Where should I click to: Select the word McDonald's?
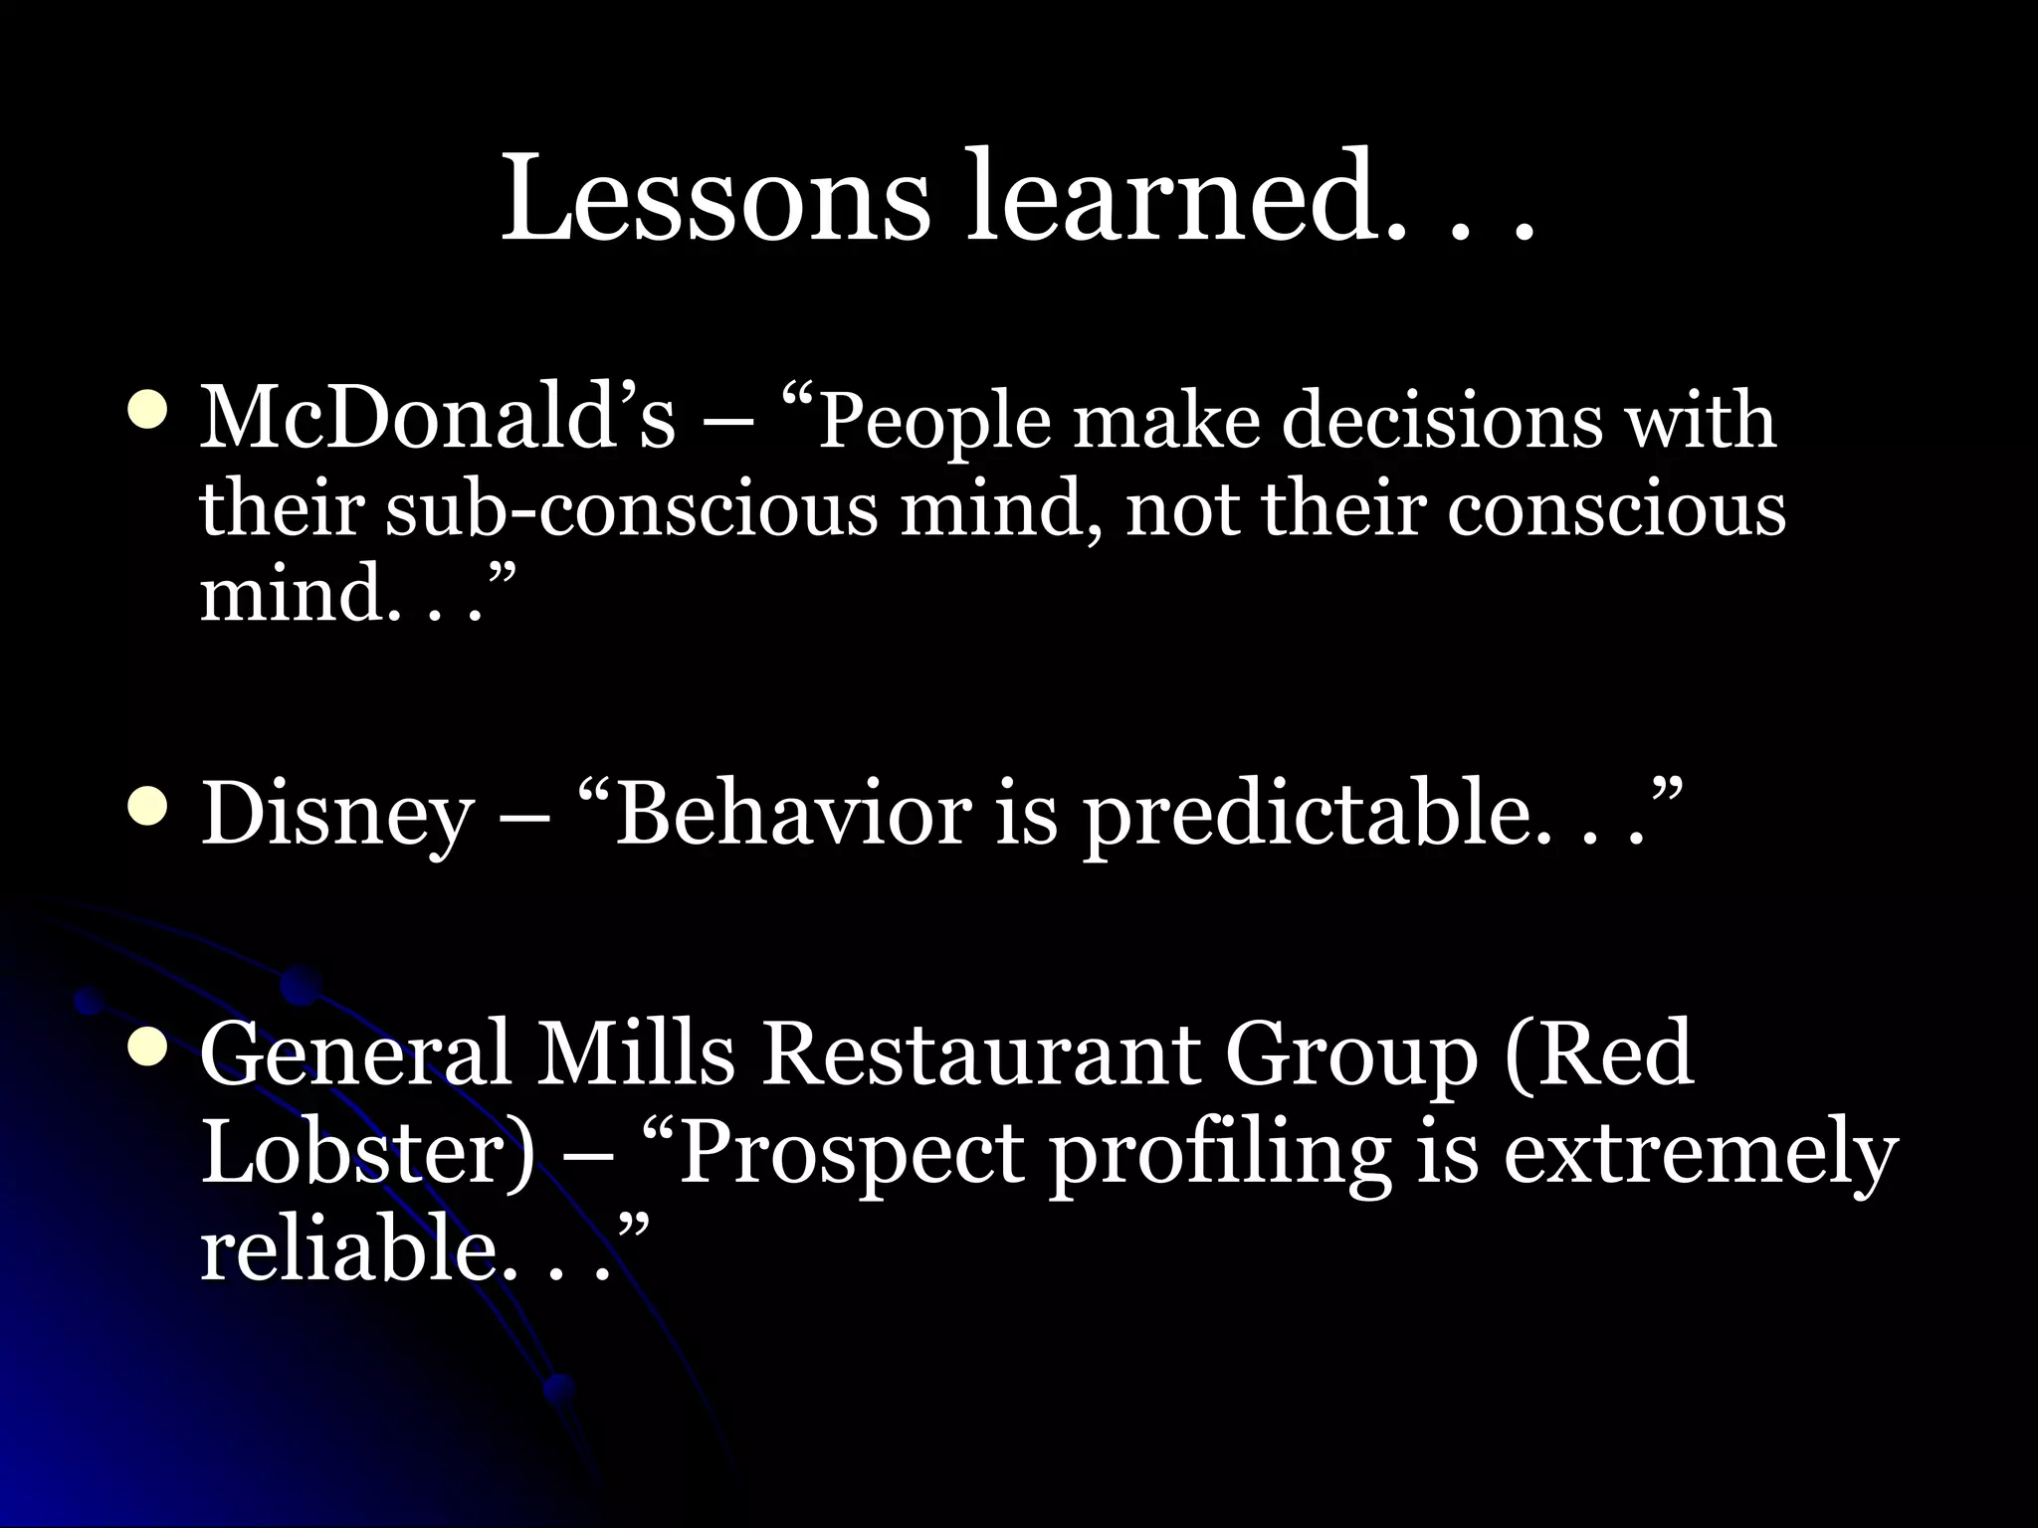point(438,418)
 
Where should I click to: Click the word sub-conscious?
point(632,507)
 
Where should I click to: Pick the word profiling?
point(1219,1154)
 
